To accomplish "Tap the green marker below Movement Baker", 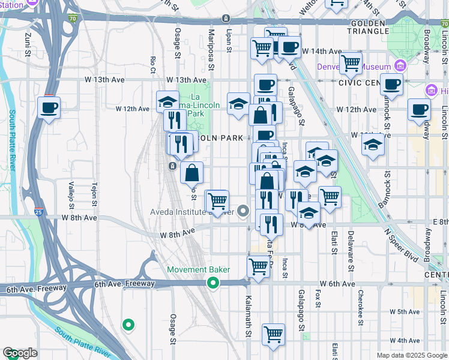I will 212,283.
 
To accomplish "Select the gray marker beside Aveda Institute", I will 243,211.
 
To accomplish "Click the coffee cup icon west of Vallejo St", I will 49,108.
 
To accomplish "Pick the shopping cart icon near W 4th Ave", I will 273,334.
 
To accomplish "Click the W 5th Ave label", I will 404,312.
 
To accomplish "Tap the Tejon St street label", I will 94,193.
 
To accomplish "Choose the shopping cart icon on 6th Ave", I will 259,266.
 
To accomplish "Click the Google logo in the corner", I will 20,353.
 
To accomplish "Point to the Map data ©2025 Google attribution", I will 412,355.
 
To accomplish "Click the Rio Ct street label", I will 154,61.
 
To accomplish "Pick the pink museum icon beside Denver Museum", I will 400,66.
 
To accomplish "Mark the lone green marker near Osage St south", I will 128,325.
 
